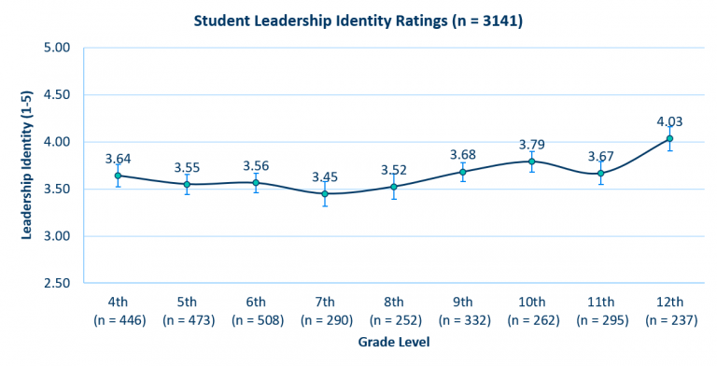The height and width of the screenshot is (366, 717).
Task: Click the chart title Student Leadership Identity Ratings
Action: point(358,20)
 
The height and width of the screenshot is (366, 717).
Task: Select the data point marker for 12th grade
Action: point(669,139)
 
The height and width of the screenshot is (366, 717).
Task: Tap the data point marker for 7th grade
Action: point(325,193)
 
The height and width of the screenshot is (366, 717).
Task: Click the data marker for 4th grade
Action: point(118,176)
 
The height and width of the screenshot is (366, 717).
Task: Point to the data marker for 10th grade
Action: point(531,162)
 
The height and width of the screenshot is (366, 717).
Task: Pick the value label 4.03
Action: point(669,121)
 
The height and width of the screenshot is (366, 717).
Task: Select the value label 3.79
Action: point(531,144)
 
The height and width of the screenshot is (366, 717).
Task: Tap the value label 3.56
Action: point(256,165)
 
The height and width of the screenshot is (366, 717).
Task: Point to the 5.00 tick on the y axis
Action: point(59,47)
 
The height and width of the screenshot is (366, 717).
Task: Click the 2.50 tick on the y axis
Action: point(59,283)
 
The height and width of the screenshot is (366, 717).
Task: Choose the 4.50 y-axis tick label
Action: point(59,94)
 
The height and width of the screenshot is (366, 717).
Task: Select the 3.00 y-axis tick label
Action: point(59,236)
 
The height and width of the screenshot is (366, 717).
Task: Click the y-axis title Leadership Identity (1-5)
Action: point(27,164)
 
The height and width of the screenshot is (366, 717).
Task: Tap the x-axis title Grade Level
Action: point(393,343)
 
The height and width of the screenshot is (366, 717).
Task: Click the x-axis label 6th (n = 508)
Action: point(256,310)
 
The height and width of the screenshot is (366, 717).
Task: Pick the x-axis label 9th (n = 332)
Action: point(462,310)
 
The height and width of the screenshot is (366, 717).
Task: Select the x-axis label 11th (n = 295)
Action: point(600,310)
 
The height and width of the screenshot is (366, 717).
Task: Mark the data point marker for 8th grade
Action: point(394,187)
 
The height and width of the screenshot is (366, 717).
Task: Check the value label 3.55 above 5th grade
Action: point(188,167)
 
